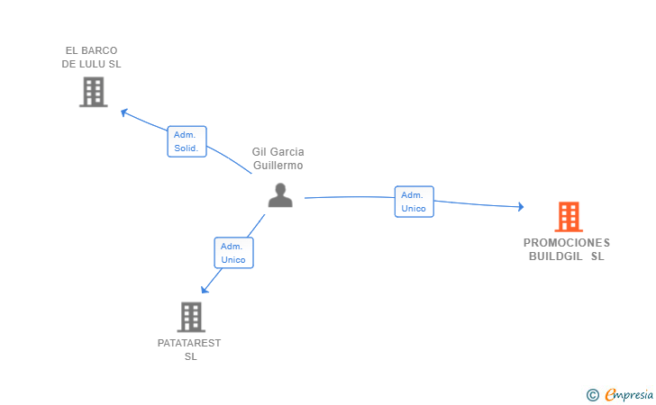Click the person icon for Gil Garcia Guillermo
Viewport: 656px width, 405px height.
coord(280,195)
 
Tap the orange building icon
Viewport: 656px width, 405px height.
coord(569,217)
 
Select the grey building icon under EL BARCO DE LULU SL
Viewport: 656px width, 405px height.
coord(94,92)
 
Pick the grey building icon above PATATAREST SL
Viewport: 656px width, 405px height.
coord(191,317)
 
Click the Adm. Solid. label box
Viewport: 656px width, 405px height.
coord(187,141)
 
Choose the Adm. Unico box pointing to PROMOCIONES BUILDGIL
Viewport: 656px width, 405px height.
coord(415,202)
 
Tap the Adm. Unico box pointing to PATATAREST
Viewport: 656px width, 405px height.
coord(234,253)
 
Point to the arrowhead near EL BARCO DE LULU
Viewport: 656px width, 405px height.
coord(123,112)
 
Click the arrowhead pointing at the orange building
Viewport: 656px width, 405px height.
coord(521,206)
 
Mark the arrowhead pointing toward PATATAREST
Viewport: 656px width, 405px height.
coord(205,289)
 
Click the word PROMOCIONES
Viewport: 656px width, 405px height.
coord(567,243)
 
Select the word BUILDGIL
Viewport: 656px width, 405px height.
coord(556,256)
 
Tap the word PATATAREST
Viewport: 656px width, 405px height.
coord(189,343)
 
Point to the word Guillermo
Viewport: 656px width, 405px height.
coord(278,166)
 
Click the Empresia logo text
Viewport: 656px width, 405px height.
coord(629,394)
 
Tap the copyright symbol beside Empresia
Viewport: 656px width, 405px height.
coord(593,395)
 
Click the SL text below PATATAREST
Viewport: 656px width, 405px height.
coord(191,356)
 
